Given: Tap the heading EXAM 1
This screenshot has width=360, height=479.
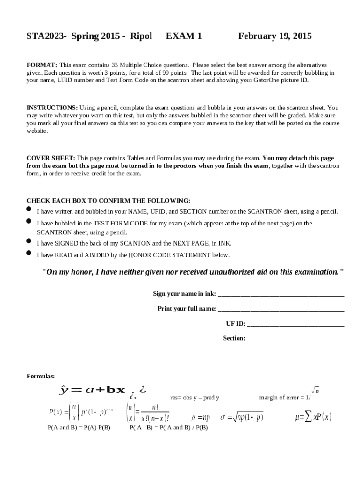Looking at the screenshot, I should pos(184,36).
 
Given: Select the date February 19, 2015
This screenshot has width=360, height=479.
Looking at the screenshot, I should pos(274,36).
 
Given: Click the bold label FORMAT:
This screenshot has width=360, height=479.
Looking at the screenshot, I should pos(42,65).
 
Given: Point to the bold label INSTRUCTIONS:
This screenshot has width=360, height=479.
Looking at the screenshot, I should pos(52,108).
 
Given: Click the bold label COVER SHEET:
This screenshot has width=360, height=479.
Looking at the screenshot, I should pos(50,158).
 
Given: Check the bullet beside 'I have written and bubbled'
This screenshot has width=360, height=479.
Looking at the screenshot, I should pos(29,209).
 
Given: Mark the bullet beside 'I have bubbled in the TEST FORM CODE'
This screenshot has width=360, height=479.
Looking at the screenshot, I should pos(29,220).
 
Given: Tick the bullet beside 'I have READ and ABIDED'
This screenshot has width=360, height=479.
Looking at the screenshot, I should pos(29,253).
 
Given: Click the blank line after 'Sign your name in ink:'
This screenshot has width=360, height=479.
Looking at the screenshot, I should pos(281,295).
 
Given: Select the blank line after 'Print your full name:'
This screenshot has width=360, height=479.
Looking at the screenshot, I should pos(281,310).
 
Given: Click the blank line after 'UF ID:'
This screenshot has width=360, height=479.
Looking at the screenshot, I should pos(295,324).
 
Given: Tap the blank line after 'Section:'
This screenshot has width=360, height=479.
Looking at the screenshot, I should pos(295,339).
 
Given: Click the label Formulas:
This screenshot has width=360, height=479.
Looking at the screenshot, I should pos(41,376).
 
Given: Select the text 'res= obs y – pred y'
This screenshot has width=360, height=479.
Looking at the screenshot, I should pos(194,398).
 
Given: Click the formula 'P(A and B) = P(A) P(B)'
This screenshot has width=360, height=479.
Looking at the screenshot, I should pos(79,428).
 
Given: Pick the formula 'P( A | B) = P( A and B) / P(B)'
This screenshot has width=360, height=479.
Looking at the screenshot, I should pos(168,428).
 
